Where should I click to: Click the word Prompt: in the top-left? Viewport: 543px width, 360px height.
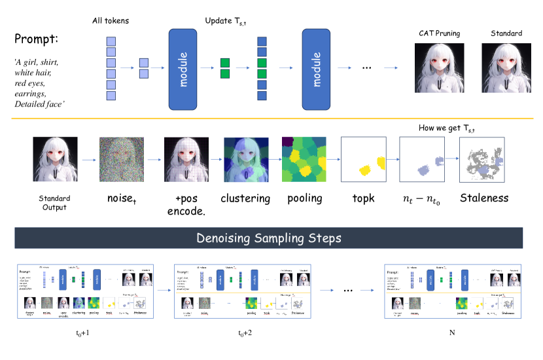(x=37, y=39)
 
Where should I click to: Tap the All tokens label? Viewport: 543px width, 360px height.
(x=111, y=21)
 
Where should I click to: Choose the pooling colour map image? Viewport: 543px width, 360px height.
(x=304, y=159)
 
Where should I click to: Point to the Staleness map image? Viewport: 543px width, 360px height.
(x=483, y=159)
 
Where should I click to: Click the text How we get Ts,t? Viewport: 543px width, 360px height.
(x=447, y=128)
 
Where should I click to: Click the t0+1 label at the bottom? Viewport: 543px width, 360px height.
(x=86, y=333)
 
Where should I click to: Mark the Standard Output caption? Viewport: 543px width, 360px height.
(x=55, y=202)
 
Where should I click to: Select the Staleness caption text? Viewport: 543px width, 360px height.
(x=483, y=198)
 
